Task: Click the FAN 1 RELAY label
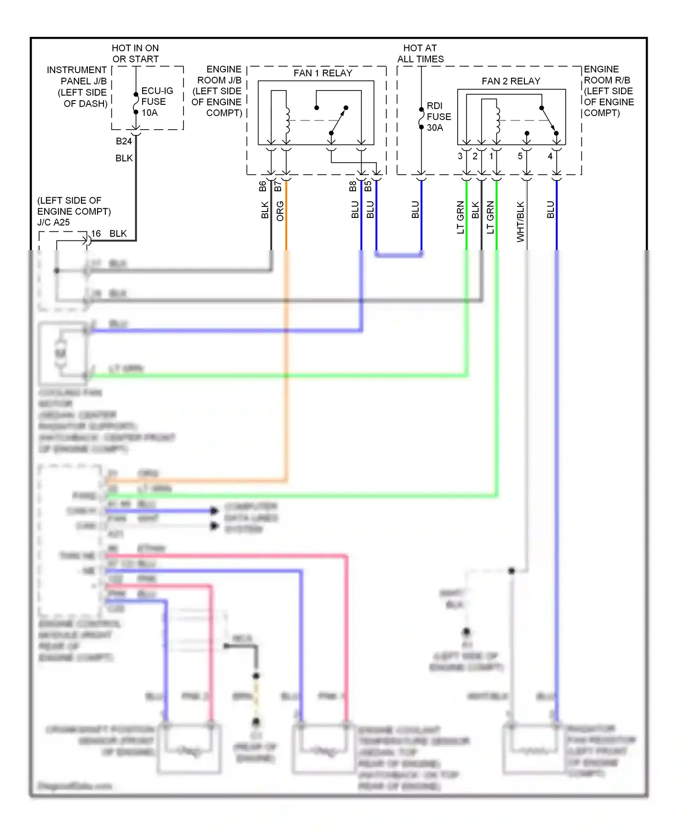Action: click(322, 73)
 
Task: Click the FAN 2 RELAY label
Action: click(511, 81)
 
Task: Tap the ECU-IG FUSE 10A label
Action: click(156, 102)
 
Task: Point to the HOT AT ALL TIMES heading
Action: click(420, 53)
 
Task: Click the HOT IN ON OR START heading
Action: click(135, 53)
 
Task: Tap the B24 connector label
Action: click(124, 141)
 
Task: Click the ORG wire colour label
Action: click(280, 211)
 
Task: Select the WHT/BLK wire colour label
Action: click(520, 222)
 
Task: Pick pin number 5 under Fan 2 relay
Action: click(520, 156)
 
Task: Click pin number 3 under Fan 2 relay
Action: click(460, 156)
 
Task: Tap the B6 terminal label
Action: click(263, 186)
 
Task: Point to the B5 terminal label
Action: click(368, 186)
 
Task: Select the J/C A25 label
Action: click(54, 223)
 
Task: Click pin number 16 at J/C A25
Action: click(96, 234)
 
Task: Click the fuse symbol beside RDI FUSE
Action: click(421, 118)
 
